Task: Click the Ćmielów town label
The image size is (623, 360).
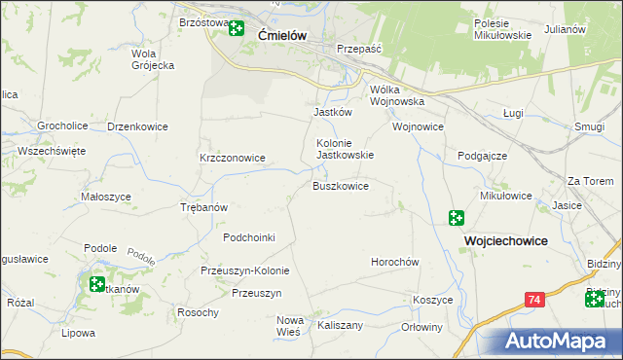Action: (x=283, y=35)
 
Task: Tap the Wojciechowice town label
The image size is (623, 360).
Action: (x=505, y=240)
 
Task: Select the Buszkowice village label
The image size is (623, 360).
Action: (x=340, y=186)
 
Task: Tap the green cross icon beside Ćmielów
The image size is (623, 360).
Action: (x=237, y=27)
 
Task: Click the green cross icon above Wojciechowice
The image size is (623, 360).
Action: (x=457, y=218)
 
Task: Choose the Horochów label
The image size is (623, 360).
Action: (x=394, y=263)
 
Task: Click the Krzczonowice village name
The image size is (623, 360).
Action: (x=233, y=158)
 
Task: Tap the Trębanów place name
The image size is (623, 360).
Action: (x=204, y=207)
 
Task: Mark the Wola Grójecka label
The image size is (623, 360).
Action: (x=153, y=59)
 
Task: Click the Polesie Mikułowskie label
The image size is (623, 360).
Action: (x=502, y=29)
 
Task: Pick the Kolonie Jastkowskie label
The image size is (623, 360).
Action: (x=346, y=148)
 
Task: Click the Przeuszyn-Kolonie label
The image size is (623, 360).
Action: (x=240, y=270)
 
